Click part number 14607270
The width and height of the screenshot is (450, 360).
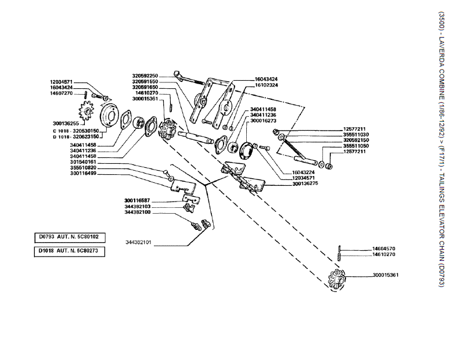[61, 93]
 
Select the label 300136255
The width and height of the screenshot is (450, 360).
[66, 123]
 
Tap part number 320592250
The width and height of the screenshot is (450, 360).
[145, 76]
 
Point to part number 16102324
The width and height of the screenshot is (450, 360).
[266, 85]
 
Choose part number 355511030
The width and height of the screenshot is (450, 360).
[355, 134]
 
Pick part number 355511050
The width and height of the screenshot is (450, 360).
[355, 146]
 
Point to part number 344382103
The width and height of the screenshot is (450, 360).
[137, 206]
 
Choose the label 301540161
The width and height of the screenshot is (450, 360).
[83, 162]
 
